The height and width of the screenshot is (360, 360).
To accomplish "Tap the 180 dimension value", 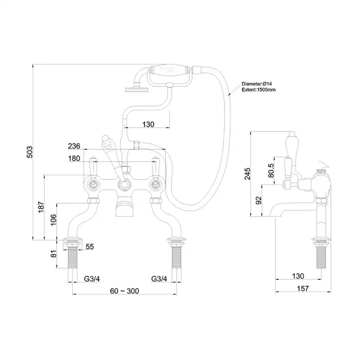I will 74,159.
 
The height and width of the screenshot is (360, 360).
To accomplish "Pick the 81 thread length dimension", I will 53,253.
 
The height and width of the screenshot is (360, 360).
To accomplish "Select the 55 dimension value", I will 90,247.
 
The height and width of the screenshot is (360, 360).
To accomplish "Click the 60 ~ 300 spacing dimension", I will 124,290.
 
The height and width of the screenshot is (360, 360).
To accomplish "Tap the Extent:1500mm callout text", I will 259,90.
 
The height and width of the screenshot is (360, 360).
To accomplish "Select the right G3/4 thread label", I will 159,278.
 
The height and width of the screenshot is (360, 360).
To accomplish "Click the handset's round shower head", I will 136,90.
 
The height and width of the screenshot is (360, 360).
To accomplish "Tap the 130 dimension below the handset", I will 148,124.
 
